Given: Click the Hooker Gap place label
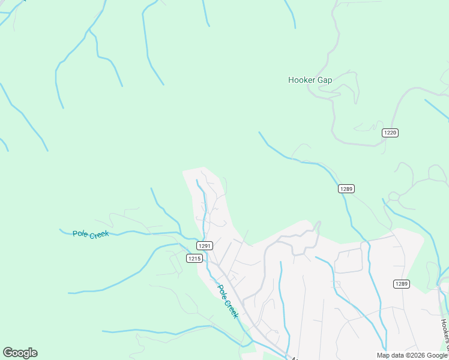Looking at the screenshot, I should tap(310, 80).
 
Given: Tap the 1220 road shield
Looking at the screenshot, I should tap(391, 133).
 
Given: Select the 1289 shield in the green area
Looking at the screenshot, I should tap(346, 189).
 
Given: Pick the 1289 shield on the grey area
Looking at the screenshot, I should tap(402, 284).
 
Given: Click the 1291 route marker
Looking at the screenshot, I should tap(204, 246).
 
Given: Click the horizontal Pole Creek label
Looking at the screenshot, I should tap(91, 234).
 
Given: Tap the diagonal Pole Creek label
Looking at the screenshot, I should tap(228, 301).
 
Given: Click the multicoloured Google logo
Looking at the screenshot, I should tap(20, 353).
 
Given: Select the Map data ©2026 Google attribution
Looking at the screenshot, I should tap(412, 355).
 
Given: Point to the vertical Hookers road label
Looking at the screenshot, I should tap(445, 334).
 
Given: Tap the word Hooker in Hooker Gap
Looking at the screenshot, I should tap(300, 80).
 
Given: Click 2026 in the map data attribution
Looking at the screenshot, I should tap(415, 355).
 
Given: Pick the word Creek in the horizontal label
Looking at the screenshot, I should tap(99, 235).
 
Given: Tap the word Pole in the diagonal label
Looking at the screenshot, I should tap(221, 291).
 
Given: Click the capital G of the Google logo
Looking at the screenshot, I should tap(8, 353).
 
